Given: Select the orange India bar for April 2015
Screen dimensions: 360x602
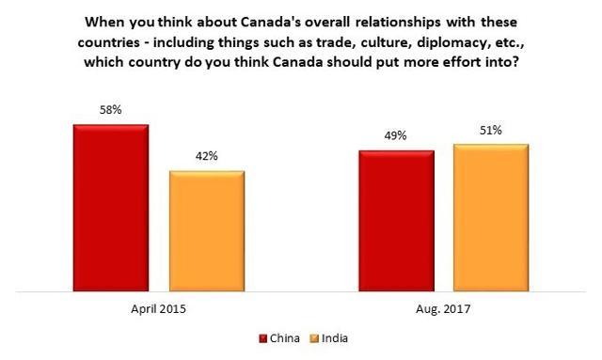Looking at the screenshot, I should (x=207, y=230).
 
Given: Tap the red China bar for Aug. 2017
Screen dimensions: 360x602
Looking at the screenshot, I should (x=395, y=220).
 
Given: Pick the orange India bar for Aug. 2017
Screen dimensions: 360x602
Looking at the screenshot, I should (x=491, y=217).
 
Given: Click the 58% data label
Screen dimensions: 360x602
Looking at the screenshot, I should (x=111, y=111).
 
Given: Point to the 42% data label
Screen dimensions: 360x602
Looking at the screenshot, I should (x=207, y=157).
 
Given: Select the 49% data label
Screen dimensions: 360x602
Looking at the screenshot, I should (x=395, y=136).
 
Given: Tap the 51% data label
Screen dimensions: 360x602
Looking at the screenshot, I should (x=491, y=131).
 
